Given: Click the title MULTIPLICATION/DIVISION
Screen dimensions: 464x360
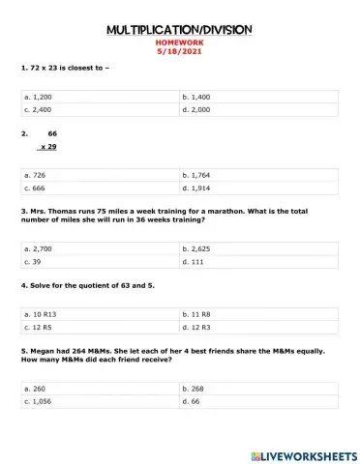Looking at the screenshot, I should pos(179,29).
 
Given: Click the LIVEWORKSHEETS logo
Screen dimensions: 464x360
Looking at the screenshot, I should pos(302,453).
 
